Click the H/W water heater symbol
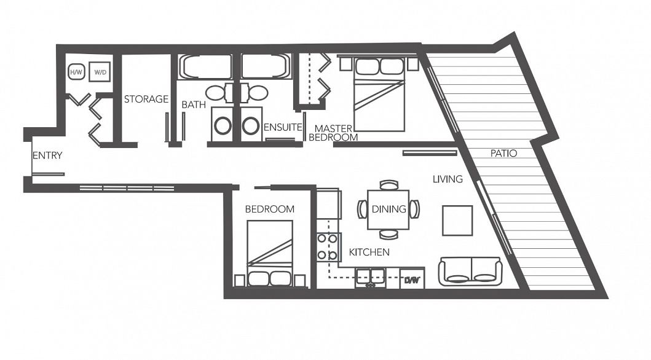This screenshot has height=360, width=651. point(76,72)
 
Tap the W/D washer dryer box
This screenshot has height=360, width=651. point(100,72)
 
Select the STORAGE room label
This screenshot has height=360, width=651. point(146,99)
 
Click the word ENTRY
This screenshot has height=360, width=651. point(47,155)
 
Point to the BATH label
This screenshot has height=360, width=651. point(193,105)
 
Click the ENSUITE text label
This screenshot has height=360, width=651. point(283,128)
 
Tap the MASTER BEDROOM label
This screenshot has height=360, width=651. point(333,133)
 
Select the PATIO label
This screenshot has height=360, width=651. point(503,153)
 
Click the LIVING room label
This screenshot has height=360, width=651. point(447,179)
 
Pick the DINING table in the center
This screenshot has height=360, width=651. point(389,209)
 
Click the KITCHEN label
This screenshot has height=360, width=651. point(369,252)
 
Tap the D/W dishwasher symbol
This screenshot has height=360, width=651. point(411,280)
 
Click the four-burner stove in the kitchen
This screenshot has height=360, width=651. point(327,246)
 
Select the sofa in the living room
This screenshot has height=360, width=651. point(470,272)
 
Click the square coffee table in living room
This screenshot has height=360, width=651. point(457,221)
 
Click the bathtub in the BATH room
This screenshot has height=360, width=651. point(205,67)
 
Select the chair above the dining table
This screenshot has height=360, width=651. point(389,185)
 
